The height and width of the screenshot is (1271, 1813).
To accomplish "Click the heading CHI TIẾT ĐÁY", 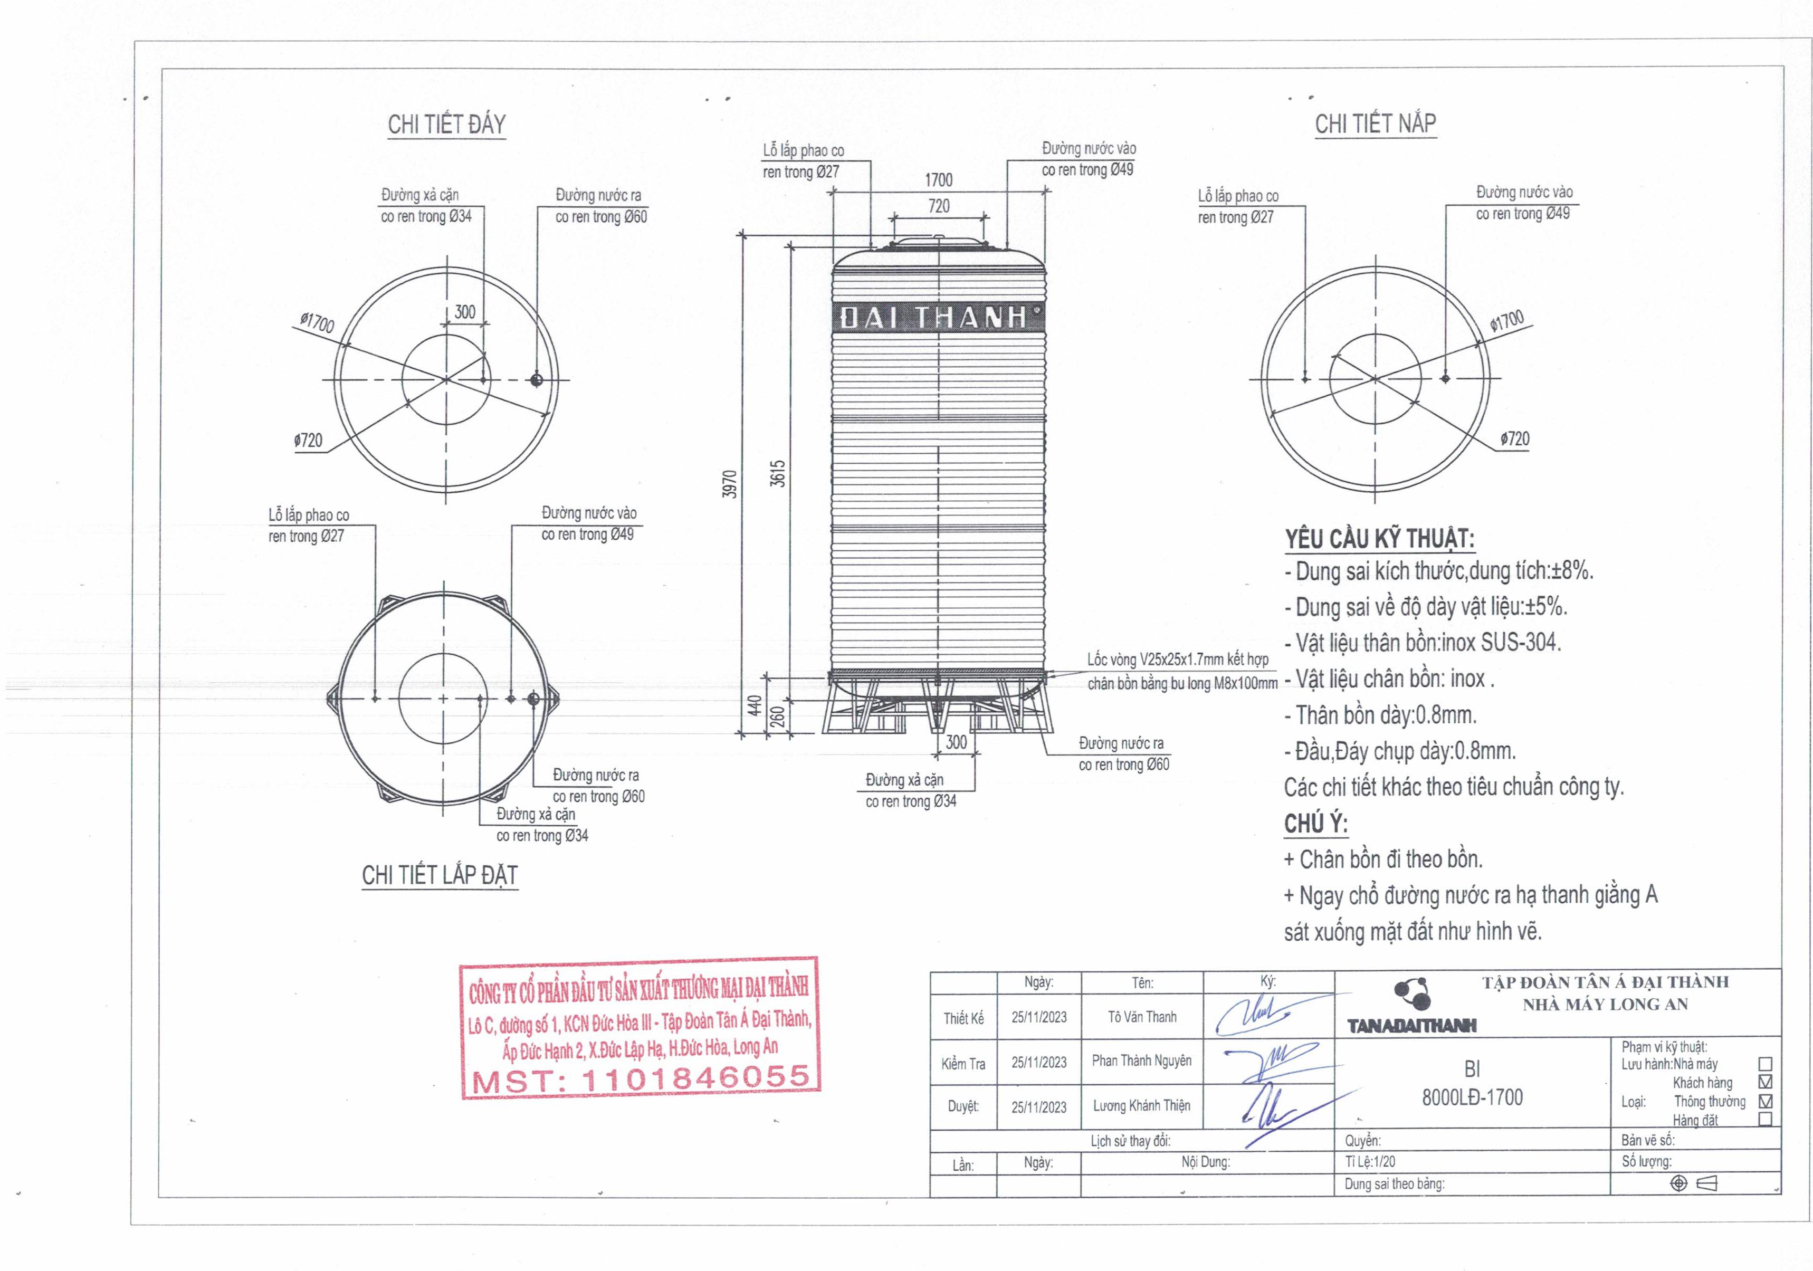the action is pos(446,124).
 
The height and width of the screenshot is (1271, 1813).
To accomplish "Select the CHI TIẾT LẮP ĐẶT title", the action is pos(440,875).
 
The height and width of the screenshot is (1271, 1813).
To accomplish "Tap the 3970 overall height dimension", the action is pos(730,484).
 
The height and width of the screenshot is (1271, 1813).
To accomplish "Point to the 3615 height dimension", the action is pos(778,474).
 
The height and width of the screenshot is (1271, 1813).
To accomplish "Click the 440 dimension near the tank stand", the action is pos(754,705).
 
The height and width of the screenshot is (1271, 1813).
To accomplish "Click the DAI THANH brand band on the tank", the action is pos(939,318).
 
